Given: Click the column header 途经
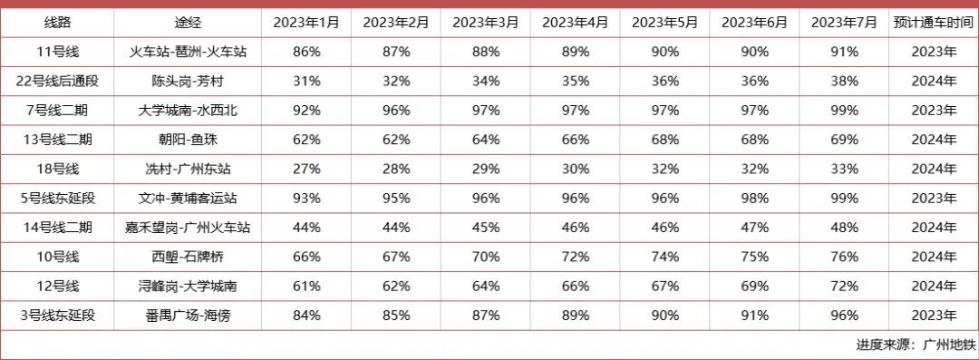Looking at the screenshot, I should point(188,23).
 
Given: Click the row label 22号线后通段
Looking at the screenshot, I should point(58,82).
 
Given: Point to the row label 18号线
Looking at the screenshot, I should point(58,169).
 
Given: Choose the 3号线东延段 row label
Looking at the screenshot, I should point(58,316).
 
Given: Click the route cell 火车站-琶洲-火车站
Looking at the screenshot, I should point(188,53).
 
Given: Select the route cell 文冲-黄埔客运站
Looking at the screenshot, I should point(188,199).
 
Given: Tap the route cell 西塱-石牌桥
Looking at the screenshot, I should point(188,257).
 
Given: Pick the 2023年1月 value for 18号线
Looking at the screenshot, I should point(306,169).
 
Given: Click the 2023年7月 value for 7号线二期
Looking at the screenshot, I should point(845,111).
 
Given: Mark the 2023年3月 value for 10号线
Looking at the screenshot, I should point(486,257).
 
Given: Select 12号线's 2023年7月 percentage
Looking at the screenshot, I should point(845,287).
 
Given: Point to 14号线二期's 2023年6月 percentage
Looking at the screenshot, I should point(755,228).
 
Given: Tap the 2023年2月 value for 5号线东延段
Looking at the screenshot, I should point(396,199).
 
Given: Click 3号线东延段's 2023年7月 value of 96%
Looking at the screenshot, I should point(845,316).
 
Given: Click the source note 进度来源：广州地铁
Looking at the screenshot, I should point(916,345).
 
